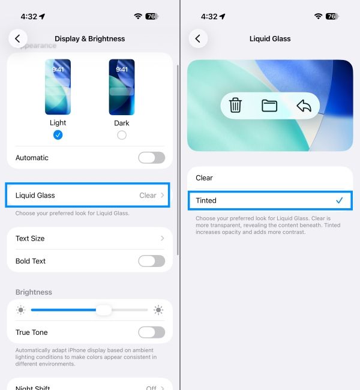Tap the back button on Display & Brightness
click(17, 38)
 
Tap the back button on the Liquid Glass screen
click(198, 38)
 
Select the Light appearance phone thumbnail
click(58, 87)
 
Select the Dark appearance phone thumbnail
click(122, 87)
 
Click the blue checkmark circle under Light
click(58, 135)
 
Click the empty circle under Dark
click(122, 135)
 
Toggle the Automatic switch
click(151, 158)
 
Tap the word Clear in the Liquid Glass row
click(148, 195)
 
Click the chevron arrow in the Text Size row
click(162, 238)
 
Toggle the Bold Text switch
click(151, 261)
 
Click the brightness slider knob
click(104, 310)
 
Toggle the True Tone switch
click(151, 332)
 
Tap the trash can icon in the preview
click(236, 106)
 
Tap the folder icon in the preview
click(269, 106)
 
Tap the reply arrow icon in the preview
click(304, 106)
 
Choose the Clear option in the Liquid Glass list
click(205, 178)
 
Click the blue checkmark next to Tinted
click(339, 200)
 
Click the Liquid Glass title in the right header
click(270, 38)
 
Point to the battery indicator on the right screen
click(332, 16)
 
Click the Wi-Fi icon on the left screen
click(138, 16)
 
